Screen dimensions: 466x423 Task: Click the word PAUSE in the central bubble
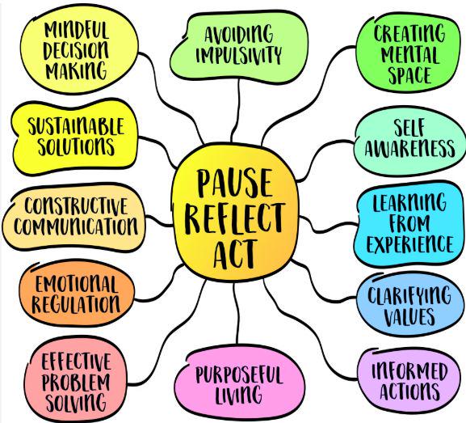pos(235,183)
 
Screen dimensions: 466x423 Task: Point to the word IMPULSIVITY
pos(238,54)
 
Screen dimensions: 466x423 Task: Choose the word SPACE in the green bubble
pos(410,74)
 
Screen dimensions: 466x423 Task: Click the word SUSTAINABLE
pos(76,126)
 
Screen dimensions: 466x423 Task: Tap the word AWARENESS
pos(409,148)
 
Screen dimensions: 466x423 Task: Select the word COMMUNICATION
pos(76,226)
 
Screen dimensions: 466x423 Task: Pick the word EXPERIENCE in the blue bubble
pos(410,244)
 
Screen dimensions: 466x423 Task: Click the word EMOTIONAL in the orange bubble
pos(76,284)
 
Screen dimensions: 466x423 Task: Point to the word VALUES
pos(409,316)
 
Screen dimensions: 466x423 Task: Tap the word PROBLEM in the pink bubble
pos(76,382)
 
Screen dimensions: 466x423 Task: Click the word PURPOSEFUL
pos(239,375)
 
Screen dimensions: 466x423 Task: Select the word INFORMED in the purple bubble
pos(409,371)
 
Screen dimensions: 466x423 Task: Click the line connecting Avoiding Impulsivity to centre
pos(237,110)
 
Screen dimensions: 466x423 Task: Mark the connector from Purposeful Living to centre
pos(236,312)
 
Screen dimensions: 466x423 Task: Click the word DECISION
pos(76,50)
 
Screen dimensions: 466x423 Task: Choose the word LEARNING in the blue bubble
pos(409,202)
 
